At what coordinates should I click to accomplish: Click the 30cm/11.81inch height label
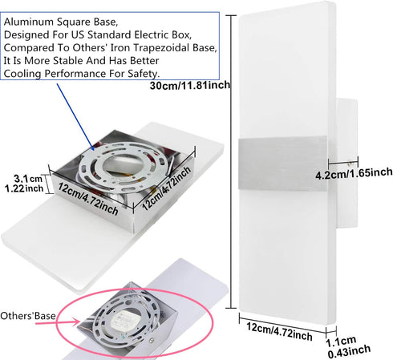click(x=190, y=85)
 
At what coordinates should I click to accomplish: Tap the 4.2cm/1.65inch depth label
click(x=354, y=174)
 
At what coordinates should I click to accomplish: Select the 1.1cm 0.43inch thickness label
click(x=348, y=347)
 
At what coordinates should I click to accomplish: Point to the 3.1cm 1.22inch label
click(x=25, y=184)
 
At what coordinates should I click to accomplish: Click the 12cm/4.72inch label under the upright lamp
click(x=279, y=332)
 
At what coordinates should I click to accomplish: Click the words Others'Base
click(x=28, y=316)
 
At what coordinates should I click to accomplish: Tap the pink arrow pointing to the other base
click(x=58, y=322)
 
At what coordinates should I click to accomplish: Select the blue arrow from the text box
click(x=75, y=117)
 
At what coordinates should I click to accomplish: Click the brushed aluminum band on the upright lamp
click(x=282, y=164)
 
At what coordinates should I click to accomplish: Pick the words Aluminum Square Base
click(x=61, y=22)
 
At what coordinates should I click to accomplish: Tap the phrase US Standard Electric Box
click(x=132, y=34)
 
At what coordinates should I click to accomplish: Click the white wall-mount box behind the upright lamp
click(x=347, y=163)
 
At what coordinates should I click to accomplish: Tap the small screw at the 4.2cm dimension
click(x=350, y=163)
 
